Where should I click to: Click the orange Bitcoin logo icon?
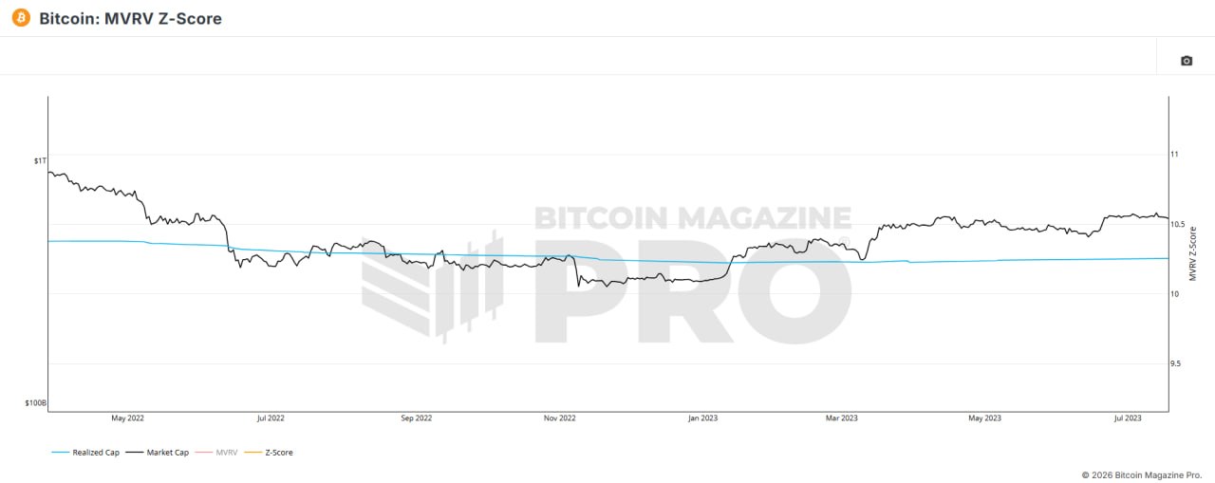(21, 18)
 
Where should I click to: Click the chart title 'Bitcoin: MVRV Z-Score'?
(130, 19)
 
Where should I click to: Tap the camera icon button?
(1186, 61)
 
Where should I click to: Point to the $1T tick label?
(39, 161)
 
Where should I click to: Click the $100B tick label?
(34, 403)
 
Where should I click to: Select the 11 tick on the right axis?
(1174, 154)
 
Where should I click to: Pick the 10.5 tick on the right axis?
(1177, 224)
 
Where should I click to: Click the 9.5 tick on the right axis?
(1176, 363)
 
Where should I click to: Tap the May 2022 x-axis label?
(127, 418)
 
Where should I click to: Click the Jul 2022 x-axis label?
(270, 418)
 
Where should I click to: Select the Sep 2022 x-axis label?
(416, 418)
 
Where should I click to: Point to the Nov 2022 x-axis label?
(560, 418)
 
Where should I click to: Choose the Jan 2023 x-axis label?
(702, 418)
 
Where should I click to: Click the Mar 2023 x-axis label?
(842, 418)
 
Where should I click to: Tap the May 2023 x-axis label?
(984, 418)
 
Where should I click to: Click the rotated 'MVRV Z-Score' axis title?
(1193, 251)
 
